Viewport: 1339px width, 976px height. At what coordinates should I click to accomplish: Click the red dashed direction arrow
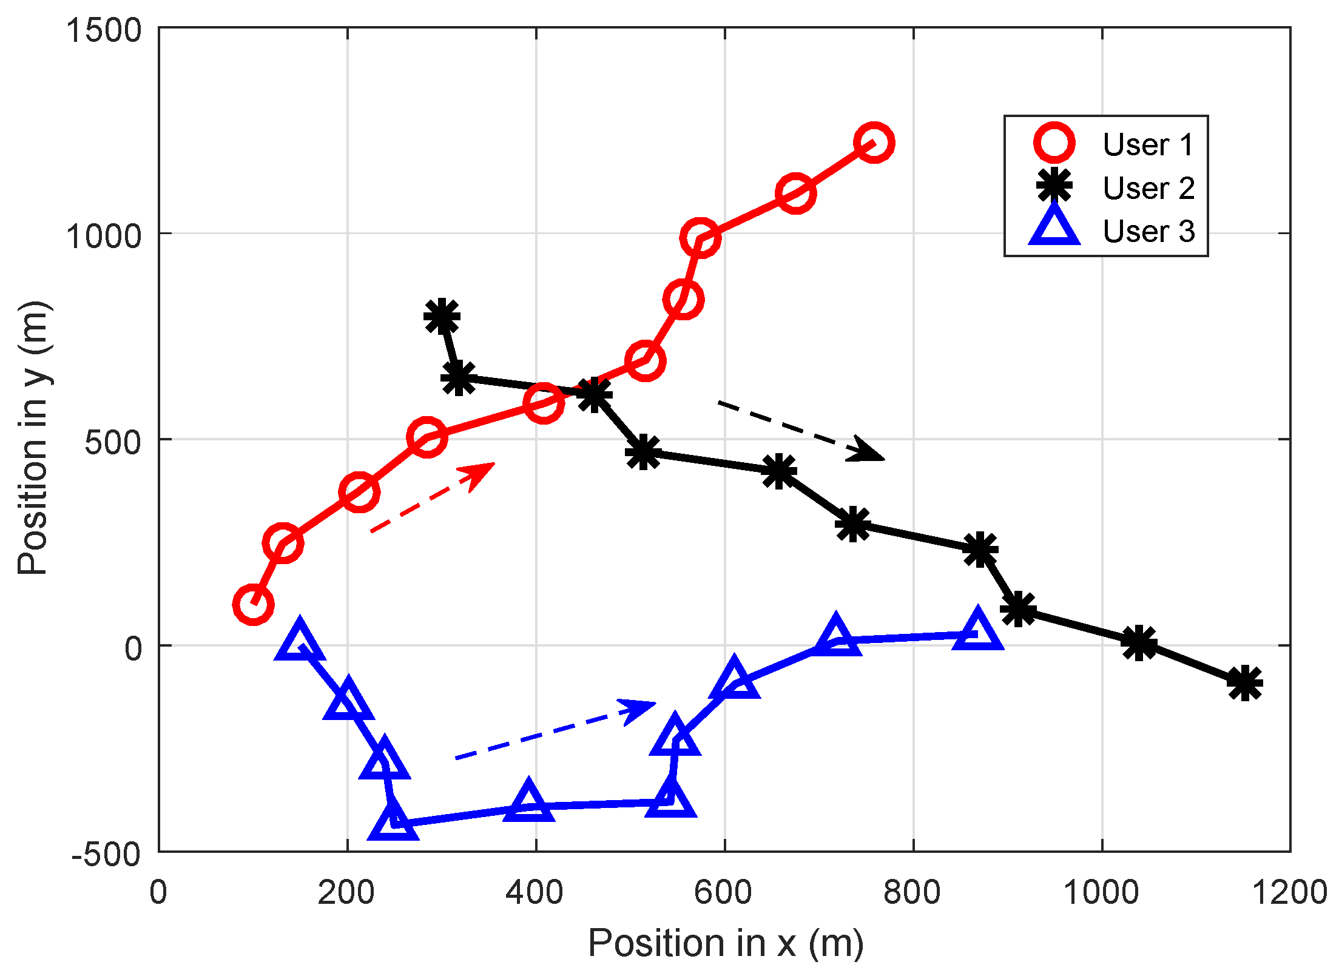tap(432, 497)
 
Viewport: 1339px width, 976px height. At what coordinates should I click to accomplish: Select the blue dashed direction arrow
tap(555, 731)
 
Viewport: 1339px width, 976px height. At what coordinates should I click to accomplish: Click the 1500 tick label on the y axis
tap(104, 30)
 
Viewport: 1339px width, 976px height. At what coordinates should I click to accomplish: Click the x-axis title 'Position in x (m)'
tap(726, 943)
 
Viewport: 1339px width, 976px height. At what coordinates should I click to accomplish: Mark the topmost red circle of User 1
tap(873, 143)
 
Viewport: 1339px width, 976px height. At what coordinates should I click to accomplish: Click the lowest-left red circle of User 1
tap(253, 604)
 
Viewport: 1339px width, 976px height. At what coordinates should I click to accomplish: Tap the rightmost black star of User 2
tap(1244, 683)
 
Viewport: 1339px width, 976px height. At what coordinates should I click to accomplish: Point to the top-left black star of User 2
tap(442, 316)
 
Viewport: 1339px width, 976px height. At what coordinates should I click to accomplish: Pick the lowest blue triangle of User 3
tap(393, 821)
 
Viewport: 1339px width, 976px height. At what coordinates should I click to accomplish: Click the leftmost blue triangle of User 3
tap(299, 642)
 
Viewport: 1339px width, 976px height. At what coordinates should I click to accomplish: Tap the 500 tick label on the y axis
tap(113, 442)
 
